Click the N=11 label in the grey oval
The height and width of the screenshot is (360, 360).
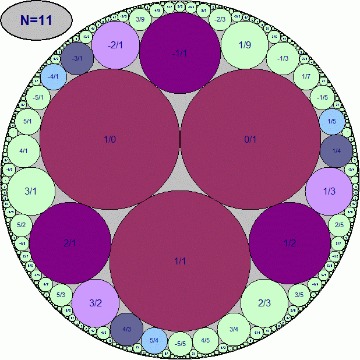(x=37, y=20)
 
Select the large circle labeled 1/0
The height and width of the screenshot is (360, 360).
(x=110, y=139)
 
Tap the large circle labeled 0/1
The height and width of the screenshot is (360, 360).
(x=250, y=139)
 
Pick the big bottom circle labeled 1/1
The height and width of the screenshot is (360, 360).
(x=180, y=260)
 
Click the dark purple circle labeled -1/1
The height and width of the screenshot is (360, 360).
(x=180, y=53)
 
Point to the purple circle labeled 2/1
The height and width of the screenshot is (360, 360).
(x=70, y=243)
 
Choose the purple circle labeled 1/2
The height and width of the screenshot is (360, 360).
(x=290, y=243)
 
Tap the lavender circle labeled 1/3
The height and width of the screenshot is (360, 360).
(x=329, y=191)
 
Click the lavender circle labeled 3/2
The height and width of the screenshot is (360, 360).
(x=96, y=302)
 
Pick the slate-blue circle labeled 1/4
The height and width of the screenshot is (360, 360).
(x=336, y=151)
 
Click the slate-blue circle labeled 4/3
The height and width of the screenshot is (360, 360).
(x=127, y=329)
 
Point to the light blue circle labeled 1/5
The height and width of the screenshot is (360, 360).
(x=332, y=121)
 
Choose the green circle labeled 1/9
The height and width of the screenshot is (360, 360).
(x=245, y=44)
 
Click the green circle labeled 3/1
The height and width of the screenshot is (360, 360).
(x=31, y=191)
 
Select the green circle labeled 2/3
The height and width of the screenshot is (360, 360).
(x=264, y=302)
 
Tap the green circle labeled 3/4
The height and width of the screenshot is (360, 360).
(x=234, y=329)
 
